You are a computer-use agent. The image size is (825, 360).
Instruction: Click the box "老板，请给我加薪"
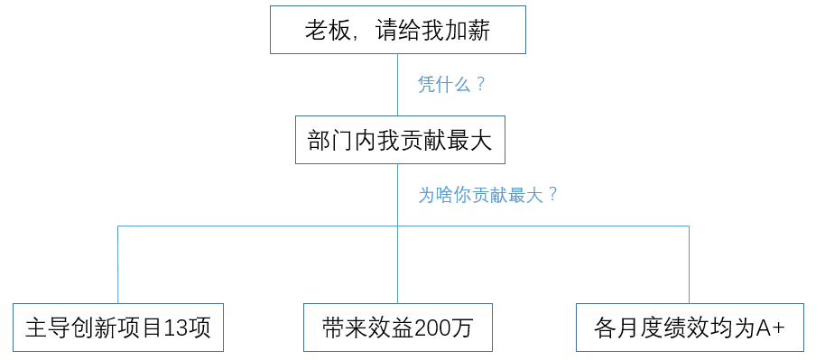click(x=397, y=30)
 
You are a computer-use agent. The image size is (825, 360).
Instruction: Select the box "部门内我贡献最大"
click(x=397, y=140)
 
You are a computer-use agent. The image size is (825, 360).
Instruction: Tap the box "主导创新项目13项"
click(x=118, y=328)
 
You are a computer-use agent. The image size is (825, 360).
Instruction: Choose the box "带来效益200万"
click(x=397, y=328)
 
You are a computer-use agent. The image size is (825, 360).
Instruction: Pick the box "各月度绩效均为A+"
click(x=690, y=328)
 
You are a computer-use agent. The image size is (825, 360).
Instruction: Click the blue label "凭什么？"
click(x=452, y=85)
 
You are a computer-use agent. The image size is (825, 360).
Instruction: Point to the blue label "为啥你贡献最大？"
click(x=488, y=195)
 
